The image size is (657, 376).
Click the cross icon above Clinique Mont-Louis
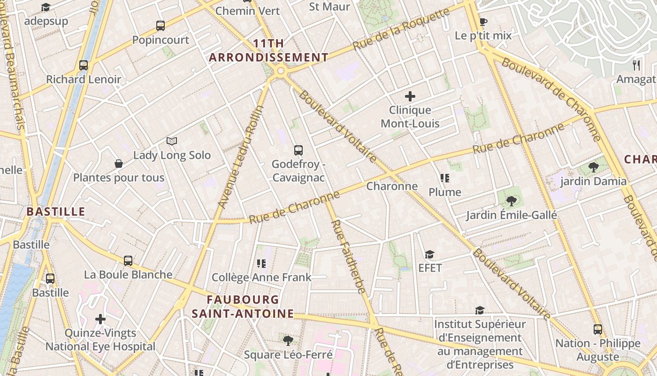point(410,96)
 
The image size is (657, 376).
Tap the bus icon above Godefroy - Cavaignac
point(298,150)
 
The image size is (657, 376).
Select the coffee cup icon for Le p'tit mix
point(483,22)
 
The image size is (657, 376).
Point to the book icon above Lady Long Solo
point(172,141)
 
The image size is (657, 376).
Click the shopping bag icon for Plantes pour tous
point(119,164)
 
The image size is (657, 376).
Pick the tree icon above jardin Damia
point(593,167)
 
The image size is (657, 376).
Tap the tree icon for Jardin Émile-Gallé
point(511,201)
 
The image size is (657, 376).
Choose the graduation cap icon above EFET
point(429,254)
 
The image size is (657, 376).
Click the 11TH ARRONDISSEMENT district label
point(268,51)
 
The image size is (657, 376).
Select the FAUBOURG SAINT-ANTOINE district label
point(243,306)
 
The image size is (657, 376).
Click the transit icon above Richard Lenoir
point(84,65)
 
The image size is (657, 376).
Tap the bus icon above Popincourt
point(160,26)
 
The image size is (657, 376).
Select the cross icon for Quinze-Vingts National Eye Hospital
point(100,319)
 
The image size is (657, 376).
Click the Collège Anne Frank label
point(261,277)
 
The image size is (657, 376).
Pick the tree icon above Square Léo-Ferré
point(288,340)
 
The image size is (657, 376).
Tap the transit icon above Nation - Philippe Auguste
point(597,329)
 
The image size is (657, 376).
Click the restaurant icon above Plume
point(445,178)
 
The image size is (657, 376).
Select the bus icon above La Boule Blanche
point(128,260)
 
